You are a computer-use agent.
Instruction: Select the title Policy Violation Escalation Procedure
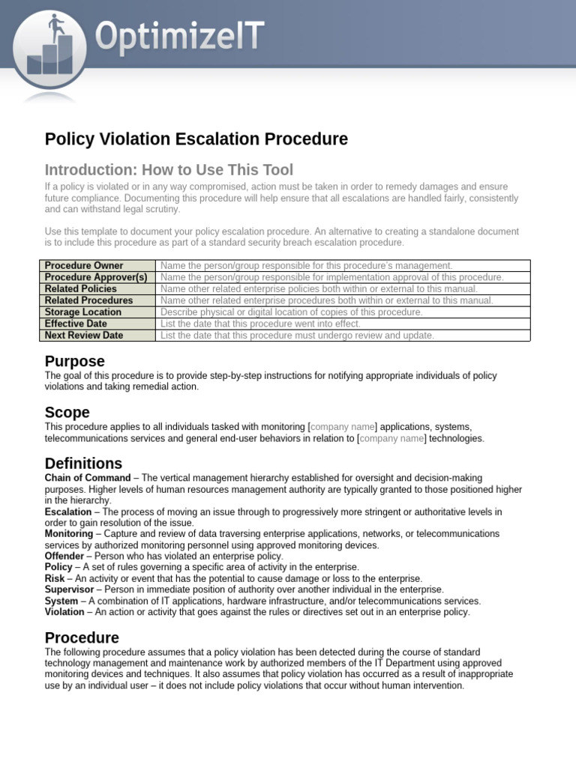pyautogui.click(x=196, y=139)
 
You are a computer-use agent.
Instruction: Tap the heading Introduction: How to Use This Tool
pyautogui.click(x=169, y=170)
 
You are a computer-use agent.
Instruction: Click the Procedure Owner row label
pyautogui.click(x=83, y=266)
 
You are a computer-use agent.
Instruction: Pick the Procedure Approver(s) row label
pyautogui.click(x=95, y=277)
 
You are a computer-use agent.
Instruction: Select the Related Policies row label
pyautogui.click(x=80, y=289)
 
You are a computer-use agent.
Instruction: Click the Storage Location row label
pyautogui.click(x=82, y=312)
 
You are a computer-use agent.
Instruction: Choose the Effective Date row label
pyautogui.click(x=76, y=324)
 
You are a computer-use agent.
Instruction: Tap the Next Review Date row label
pyautogui.click(x=83, y=336)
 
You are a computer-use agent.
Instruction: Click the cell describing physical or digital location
pyautogui.click(x=292, y=312)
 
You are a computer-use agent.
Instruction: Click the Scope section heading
pyautogui.click(x=67, y=413)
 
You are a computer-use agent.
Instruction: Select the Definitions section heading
pyautogui.click(x=83, y=464)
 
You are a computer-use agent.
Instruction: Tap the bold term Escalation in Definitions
pyautogui.click(x=69, y=512)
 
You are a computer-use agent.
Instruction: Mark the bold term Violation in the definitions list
pyautogui.click(x=64, y=613)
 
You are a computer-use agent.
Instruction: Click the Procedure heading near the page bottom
pyautogui.click(x=82, y=638)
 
